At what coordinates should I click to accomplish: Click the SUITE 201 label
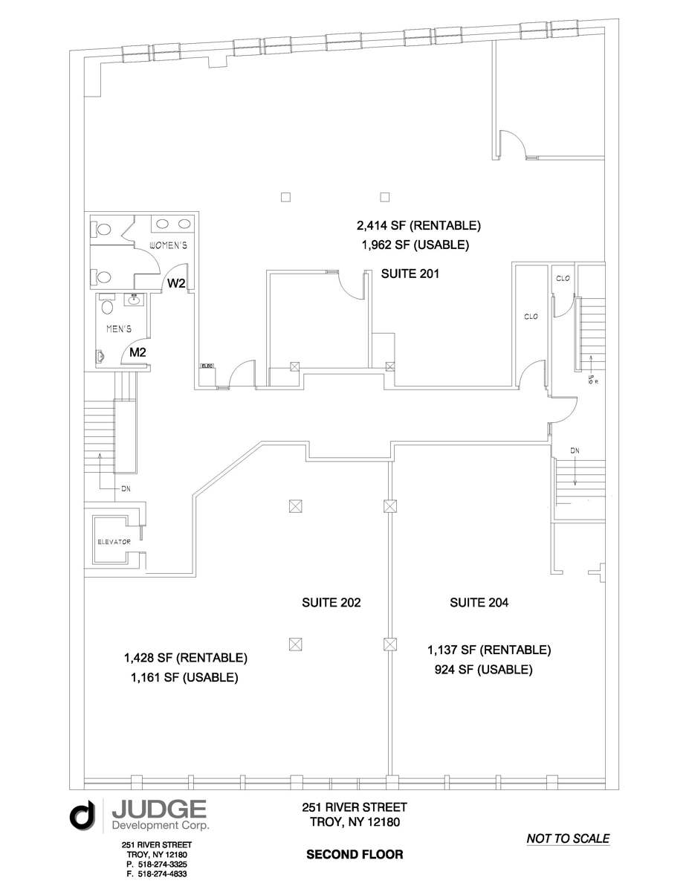pyautogui.click(x=410, y=274)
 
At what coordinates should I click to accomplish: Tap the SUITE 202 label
pyautogui.click(x=331, y=603)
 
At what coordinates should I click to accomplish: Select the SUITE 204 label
pyautogui.click(x=479, y=603)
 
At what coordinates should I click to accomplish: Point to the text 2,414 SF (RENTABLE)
pyautogui.click(x=419, y=225)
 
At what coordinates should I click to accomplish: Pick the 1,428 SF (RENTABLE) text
pyautogui.click(x=185, y=658)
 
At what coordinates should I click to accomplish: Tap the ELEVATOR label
pyautogui.click(x=114, y=542)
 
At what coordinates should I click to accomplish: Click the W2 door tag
pyautogui.click(x=176, y=283)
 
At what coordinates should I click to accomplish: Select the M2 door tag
pyautogui.click(x=138, y=352)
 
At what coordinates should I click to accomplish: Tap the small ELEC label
pyautogui.click(x=207, y=366)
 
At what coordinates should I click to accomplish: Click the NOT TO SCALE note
pyautogui.click(x=568, y=838)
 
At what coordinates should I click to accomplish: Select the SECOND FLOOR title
pyautogui.click(x=355, y=855)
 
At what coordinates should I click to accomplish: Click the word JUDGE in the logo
pyautogui.click(x=158, y=808)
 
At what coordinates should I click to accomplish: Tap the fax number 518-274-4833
pyautogui.click(x=161, y=874)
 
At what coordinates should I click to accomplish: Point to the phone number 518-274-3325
pyautogui.click(x=161, y=864)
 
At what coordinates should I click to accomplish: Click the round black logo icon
pyautogui.click(x=83, y=815)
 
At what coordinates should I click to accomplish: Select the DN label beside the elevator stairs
pyautogui.click(x=126, y=489)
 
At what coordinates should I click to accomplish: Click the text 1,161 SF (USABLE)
pyautogui.click(x=184, y=677)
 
